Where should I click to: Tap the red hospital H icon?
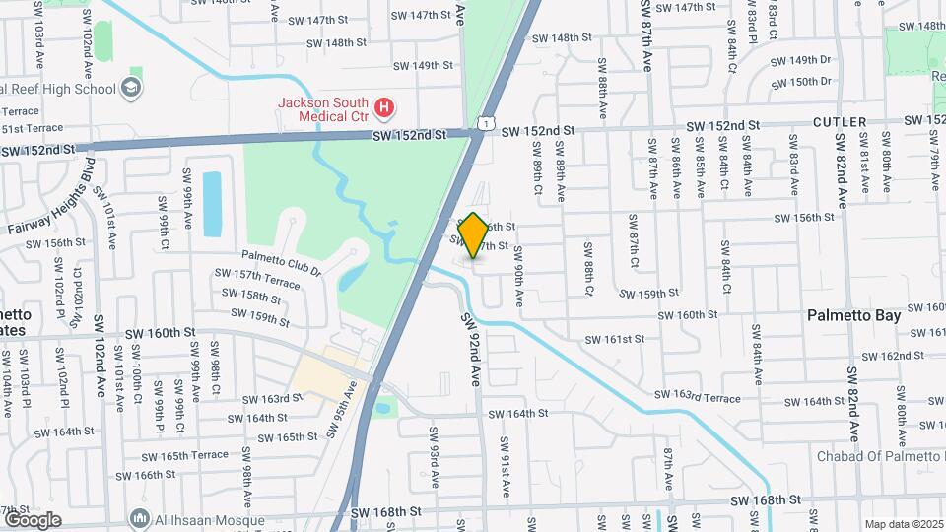tap(386, 105)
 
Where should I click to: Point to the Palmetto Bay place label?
tap(853, 316)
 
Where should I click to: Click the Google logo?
tap(32, 519)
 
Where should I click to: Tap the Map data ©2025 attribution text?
tap(903, 524)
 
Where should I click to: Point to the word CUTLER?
tap(841, 122)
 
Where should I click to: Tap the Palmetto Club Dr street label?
tap(282, 261)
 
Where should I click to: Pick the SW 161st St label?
tap(615, 339)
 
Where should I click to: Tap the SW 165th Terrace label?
tap(184, 455)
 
